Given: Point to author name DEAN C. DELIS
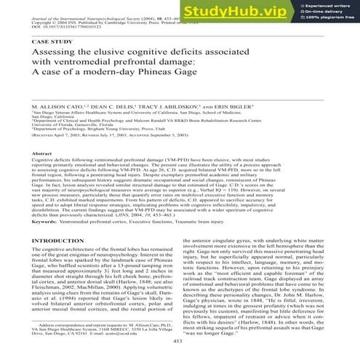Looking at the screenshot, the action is click(x=120, y=107).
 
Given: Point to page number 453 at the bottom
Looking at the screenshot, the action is click(x=180, y=349).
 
